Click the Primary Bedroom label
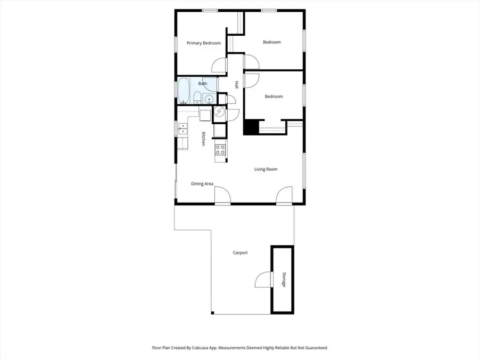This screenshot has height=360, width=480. (x=204, y=43)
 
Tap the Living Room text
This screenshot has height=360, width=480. (x=266, y=170)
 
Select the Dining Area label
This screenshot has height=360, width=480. (x=202, y=184)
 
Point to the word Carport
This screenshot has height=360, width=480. (x=240, y=253)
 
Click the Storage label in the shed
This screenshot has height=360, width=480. (x=283, y=280)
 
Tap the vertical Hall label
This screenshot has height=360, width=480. (x=236, y=85)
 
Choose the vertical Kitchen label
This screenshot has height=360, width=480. (x=203, y=139)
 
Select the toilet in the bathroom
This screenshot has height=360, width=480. (x=197, y=98)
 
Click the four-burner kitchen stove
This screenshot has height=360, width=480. (x=220, y=150)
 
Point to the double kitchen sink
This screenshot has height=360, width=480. (x=182, y=128)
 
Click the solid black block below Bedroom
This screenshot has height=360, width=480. (x=251, y=127)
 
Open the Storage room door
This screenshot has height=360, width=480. (x=263, y=279)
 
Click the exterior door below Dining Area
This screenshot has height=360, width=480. (x=222, y=196)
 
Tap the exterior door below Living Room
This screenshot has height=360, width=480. (x=284, y=196)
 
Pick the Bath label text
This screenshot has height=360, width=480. (x=203, y=84)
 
